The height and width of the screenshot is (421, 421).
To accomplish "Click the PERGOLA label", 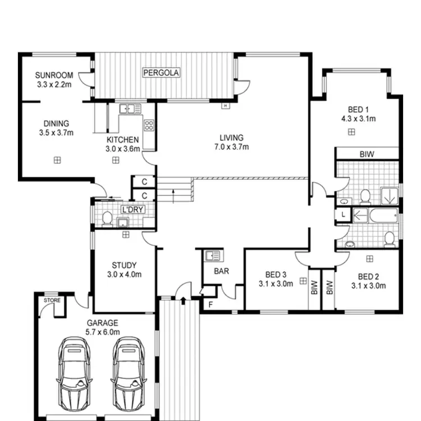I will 161,73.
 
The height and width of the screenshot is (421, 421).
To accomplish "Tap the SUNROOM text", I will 53,75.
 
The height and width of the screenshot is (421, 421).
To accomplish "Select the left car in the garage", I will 75,373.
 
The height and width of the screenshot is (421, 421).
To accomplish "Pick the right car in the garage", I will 128,373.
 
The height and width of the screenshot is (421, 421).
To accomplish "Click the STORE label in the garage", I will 52,300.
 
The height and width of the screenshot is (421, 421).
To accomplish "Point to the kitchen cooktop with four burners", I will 149,125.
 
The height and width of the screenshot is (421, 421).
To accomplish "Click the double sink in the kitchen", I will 130,109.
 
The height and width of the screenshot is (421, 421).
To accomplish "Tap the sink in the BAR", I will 212,256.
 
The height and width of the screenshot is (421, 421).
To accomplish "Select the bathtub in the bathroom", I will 376,215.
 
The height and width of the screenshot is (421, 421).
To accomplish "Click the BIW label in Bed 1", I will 367,154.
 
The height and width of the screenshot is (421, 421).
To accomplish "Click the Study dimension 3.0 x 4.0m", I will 123,274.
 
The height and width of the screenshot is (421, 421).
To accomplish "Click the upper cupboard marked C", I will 144,182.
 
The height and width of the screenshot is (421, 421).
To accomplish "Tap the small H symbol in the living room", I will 225,106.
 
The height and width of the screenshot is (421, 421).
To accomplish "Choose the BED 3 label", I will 276,274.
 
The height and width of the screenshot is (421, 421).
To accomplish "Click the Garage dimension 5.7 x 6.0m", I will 102,332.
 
